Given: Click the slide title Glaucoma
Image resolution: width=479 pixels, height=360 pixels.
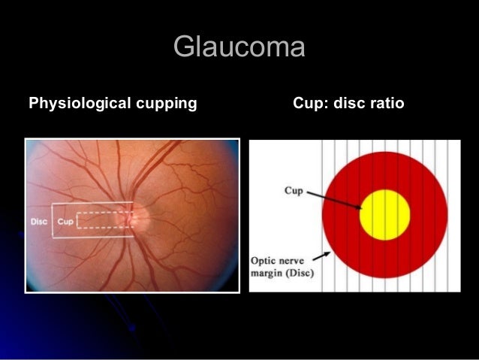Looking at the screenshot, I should (x=239, y=47).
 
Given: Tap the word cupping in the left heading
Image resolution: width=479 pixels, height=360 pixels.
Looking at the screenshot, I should (x=167, y=102).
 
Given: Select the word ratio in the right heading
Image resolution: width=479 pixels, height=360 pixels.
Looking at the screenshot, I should (x=384, y=102).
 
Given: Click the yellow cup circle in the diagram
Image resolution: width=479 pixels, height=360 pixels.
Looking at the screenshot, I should (x=384, y=213).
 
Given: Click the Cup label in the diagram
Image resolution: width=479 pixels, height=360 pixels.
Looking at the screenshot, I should (x=293, y=191).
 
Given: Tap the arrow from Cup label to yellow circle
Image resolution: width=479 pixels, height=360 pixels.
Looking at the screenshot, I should (x=334, y=199).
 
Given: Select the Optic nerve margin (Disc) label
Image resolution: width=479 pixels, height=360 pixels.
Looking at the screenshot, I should (x=282, y=265).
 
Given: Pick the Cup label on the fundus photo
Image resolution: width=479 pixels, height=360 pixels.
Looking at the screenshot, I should (x=65, y=222).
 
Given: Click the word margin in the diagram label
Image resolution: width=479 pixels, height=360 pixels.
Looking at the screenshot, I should (x=267, y=271).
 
